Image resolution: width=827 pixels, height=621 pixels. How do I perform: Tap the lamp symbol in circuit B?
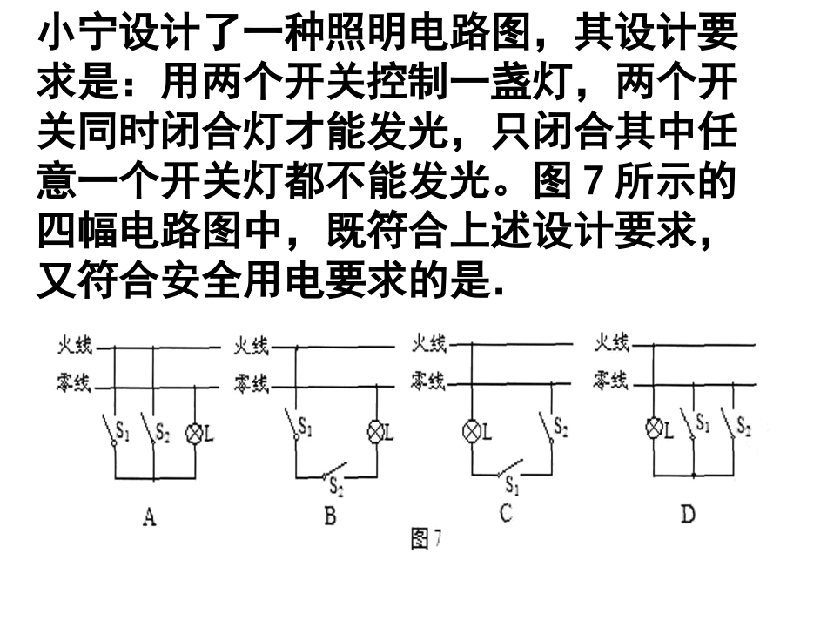[376, 431]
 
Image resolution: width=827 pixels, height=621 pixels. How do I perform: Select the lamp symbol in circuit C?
[471, 430]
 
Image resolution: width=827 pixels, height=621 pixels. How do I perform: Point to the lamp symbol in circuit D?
[655, 428]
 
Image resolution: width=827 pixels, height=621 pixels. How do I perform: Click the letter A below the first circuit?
[150, 518]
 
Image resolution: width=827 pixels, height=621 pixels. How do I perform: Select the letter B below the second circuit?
[330, 517]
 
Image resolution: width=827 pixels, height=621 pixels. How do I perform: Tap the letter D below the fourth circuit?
[688, 515]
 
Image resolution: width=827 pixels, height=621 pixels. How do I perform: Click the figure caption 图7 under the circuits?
[427, 541]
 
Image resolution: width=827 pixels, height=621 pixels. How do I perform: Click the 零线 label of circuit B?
[251, 383]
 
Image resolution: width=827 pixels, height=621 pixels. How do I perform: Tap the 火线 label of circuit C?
[428, 344]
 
